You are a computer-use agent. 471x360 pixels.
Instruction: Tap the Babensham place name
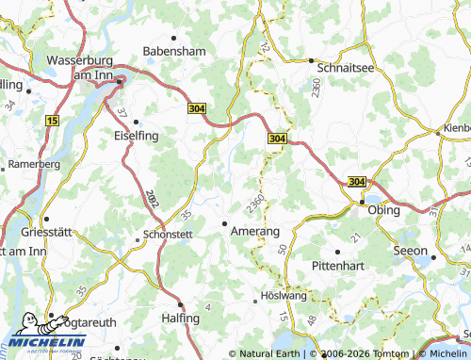click(x=173, y=51)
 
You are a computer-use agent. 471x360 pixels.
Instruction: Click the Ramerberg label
click(x=34, y=164)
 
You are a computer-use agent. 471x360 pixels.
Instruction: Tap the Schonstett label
click(x=166, y=235)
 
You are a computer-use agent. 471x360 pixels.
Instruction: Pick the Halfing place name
click(x=180, y=319)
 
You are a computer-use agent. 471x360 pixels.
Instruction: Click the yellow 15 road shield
click(x=52, y=122)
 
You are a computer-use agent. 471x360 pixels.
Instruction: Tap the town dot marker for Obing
click(x=361, y=202)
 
